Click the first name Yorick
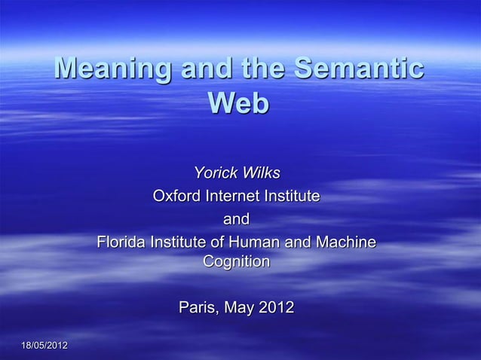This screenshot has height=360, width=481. point(213,173)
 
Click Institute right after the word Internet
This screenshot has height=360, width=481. point(293,197)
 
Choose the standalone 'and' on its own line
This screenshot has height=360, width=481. point(236,220)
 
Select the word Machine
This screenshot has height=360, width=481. point(345,243)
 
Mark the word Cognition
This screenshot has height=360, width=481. point(236,263)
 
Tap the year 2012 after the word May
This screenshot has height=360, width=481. point(276,308)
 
